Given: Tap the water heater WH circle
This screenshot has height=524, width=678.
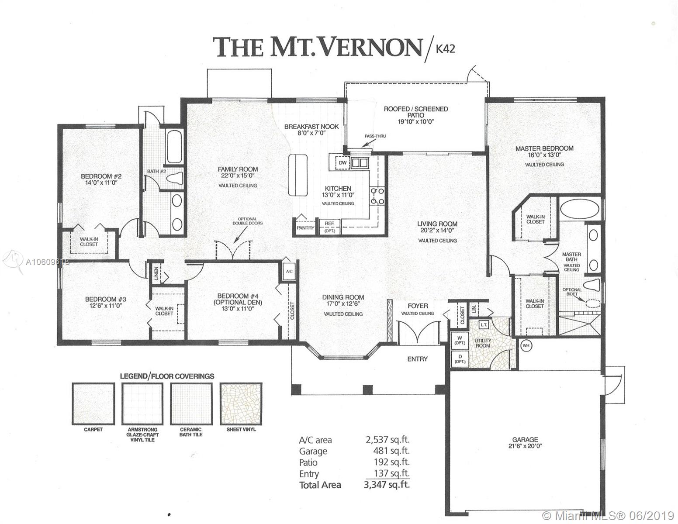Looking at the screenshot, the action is [x=526, y=345].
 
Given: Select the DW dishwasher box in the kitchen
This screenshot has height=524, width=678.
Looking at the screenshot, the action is [x=342, y=163].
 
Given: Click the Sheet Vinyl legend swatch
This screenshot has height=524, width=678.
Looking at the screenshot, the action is [x=241, y=403].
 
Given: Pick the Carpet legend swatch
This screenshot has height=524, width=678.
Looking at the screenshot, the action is [x=93, y=403].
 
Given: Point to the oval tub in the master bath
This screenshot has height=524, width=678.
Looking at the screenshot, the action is [x=580, y=209].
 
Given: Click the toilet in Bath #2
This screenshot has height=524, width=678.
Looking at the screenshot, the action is [x=174, y=178].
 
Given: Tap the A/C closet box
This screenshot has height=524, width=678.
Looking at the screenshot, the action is [x=289, y=271].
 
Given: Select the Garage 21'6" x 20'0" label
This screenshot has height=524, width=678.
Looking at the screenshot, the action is [x=525, y=443].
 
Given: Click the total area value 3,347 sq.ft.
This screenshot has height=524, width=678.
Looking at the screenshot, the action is [x=387, y=485].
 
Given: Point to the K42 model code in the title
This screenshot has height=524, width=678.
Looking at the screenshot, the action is [x=445, y=49].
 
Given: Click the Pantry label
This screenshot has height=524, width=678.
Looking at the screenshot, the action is [x=305, y=228].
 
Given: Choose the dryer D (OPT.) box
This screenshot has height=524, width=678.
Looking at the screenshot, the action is [x=460, y=359].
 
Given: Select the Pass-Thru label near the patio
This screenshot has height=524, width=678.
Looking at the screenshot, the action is [x=375, y=136].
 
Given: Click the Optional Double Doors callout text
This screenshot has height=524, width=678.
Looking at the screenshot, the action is [x=247, y=221].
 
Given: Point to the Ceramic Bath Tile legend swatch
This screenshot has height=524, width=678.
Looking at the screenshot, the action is [x=191, y=403].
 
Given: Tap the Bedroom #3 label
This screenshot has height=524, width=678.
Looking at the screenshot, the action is [x=106, y=302].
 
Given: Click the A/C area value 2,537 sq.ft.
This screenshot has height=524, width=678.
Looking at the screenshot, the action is [x=387, y=440].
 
